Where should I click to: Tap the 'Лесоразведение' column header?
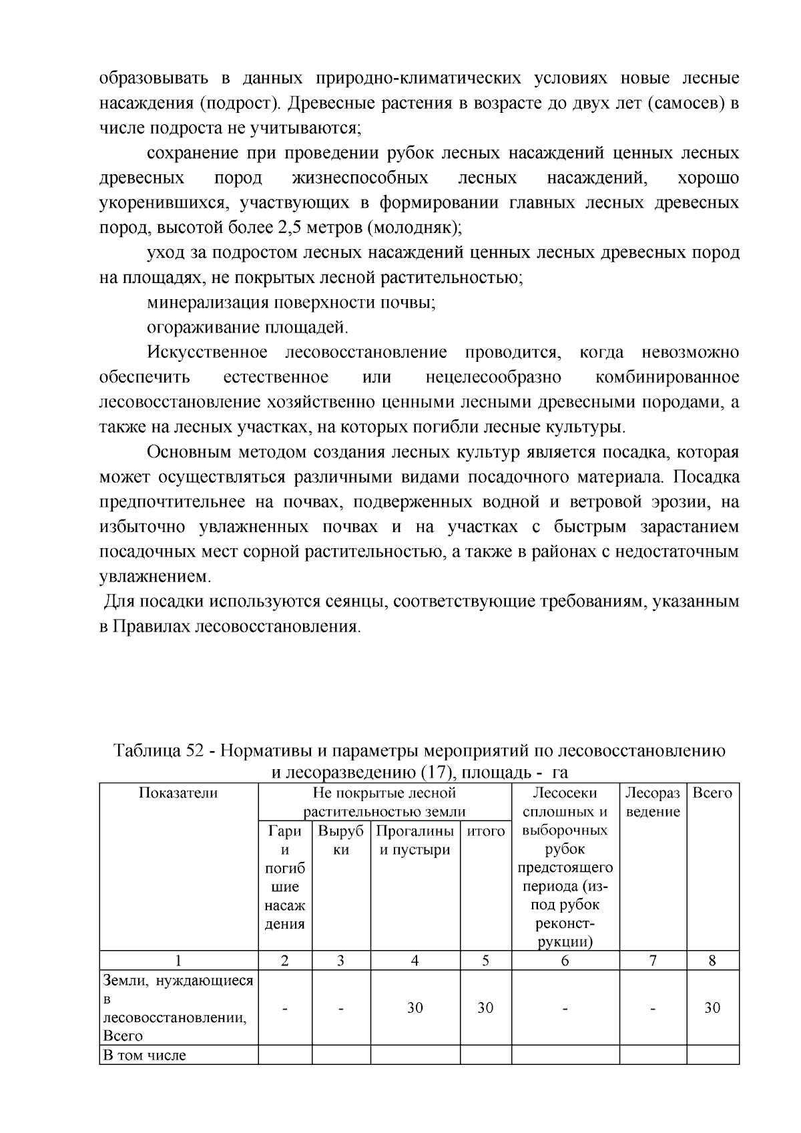[652, 802]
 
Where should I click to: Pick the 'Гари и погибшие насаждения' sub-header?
[285, 877]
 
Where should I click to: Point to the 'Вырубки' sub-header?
[340, 841]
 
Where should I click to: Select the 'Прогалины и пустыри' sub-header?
[415, 841]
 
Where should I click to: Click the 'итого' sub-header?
[485, 831]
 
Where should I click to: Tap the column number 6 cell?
[565, 960]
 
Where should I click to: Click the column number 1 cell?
[178, 960]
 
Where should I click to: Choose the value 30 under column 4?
[415, 1007]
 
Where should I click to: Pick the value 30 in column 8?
[712, 1007]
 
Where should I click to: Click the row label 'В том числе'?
[144, 1055]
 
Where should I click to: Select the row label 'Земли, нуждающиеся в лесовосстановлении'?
[178, 1007]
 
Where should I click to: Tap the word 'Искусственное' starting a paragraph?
[207, 352]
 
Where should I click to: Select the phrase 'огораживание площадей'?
[247, 327]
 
